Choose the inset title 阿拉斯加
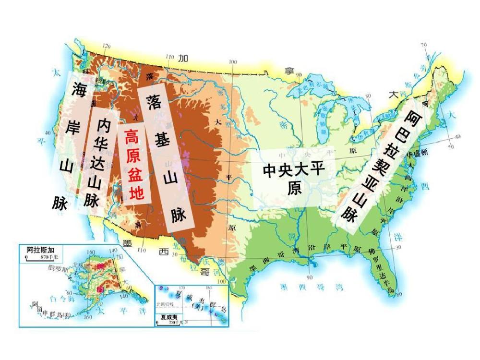[x=36, y=249]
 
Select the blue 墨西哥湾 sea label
[x=312, y=288]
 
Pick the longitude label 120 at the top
[x=107, y=46]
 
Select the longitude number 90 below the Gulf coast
[x=309, y=277]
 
